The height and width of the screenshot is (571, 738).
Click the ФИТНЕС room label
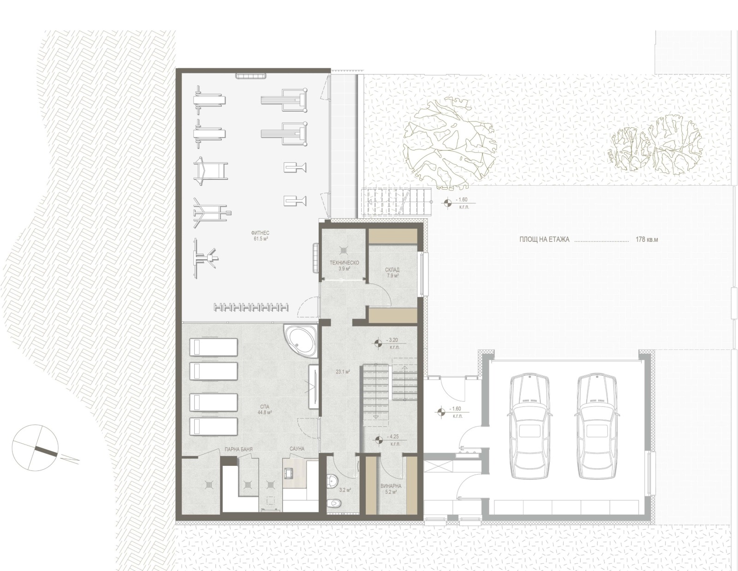click(260, 233)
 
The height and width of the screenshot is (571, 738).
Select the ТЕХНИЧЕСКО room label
click(344, 263)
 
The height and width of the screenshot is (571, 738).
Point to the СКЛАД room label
click(392, 270)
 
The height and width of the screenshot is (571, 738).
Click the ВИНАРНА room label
click(391, 486)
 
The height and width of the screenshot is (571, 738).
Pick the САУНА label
click(297, 449)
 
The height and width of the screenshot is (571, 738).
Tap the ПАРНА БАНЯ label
click(238, 449)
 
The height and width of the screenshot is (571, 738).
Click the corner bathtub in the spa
click(301, 341)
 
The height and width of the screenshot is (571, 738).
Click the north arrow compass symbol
click(35, 447)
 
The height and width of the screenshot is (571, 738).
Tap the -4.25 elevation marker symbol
click(377, 440)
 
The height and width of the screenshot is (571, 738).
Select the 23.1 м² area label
click(343, 372)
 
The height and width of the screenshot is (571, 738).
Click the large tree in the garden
click(449, 143)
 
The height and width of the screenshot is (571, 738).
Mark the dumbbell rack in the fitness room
click(251, 308)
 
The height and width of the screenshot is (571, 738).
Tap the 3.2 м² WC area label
click(345, 490)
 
